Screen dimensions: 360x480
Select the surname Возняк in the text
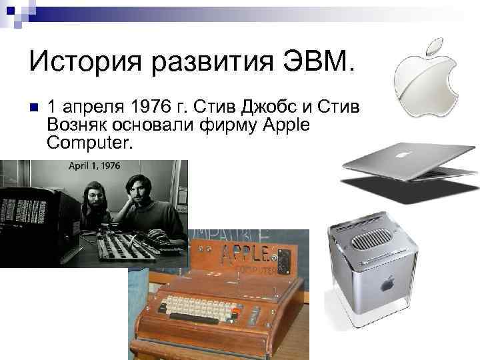pyautogui.click(x=83, y=125)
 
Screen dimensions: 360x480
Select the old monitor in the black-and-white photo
pyautogui.click(x=37, y=213)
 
